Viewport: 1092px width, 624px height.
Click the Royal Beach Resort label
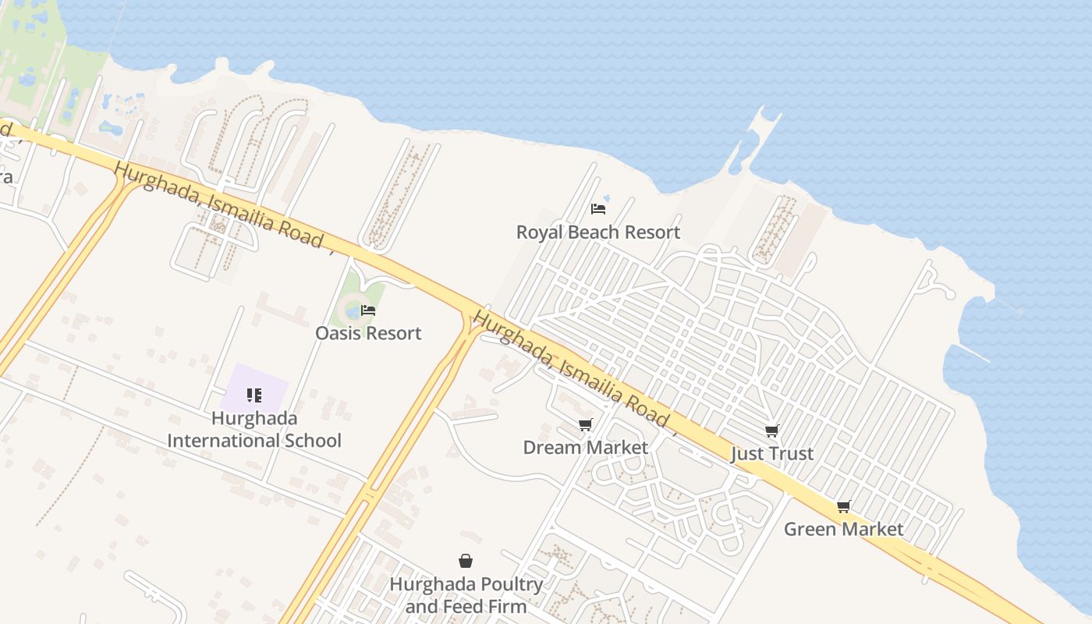click(x=598, y=232)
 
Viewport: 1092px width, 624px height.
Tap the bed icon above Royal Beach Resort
click(x=598, y=208)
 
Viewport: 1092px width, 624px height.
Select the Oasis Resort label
click(x=368, y=333)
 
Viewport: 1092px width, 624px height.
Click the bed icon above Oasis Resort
click(x=368, y=310)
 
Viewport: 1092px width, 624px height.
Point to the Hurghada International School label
click(x=254, y=429)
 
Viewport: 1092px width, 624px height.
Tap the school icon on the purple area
click(x=253, y=395)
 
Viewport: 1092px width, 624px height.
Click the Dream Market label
click(x=585, y=447)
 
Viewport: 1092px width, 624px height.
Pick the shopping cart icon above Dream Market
click(x=585, y=424)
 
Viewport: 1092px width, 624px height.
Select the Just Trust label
click(x=772, y=453)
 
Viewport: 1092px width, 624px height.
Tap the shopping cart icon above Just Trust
click(x=771, y=431)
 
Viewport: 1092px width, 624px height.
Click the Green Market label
click(x=843, y=529)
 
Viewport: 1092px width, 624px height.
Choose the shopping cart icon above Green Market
click(x=843, y=506)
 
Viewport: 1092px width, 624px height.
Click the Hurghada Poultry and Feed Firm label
click(x=466, y=594)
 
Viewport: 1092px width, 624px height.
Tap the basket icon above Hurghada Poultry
click(x=466, y=560)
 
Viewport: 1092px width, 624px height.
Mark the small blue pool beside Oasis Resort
click(x=353, y=312)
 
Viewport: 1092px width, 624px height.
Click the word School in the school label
click(x=310, y=441)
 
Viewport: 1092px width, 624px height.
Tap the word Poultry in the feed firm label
click(x=502, y=583)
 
